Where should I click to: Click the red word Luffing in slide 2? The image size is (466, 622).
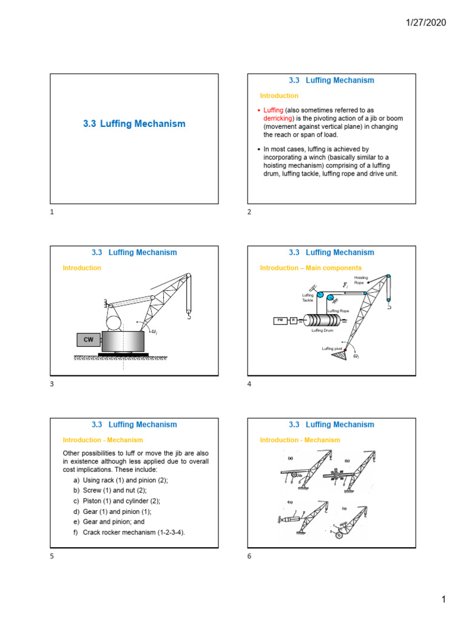click(273, 110)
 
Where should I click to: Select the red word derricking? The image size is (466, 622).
click(278, 118)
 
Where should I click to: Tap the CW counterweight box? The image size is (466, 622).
click(89, 340)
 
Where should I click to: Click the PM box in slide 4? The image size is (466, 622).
click(280, 320)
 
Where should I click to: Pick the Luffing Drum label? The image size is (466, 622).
click(322, 330)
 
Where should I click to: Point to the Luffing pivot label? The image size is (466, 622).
click(333, 348)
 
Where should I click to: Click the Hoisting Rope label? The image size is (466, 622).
click(360, 280)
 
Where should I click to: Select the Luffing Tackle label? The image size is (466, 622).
click(308, 298)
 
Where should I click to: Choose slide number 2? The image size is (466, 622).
click(249, 212)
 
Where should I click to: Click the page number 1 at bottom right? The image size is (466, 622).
click(443, 600)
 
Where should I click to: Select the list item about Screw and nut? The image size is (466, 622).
click(109, 490)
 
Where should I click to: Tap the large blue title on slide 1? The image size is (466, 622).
click(134, 124)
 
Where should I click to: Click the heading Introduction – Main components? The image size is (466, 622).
click(311, 268)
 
